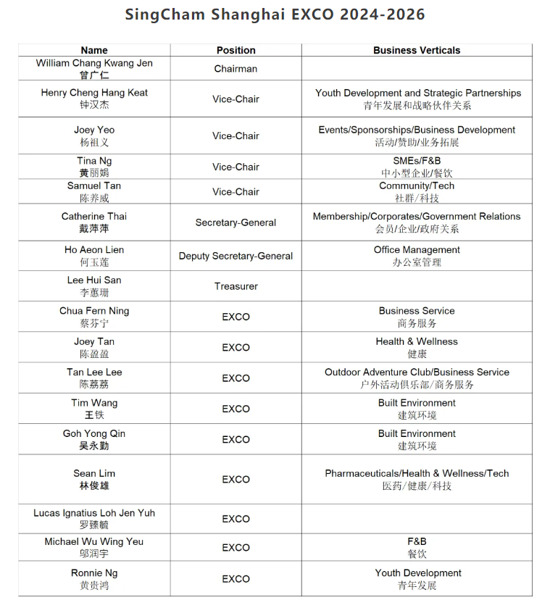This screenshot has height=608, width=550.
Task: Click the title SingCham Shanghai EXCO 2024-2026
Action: [x=275, y=14]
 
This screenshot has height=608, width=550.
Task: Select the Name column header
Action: [x=94, y=50]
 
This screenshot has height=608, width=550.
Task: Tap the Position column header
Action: [x=236, y=50]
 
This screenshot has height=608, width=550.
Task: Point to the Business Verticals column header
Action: [x=417, y=50]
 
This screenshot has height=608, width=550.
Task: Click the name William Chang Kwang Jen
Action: [x=94, y=64]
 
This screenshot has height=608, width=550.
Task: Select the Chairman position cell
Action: [x=236, y=69]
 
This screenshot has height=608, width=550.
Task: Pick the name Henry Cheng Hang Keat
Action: [x=94, y=93]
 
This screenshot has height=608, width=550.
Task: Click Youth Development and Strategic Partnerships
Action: [x=417, y=93]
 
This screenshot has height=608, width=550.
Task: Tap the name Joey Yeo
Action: [x=94, y=130]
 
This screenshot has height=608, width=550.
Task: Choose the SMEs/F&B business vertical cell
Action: [x=417, y=161]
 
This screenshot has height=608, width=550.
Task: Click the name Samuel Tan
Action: [x=94, y=186]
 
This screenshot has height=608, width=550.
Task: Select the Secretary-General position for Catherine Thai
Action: [x=236, y=222]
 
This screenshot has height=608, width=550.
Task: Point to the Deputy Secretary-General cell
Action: [x=236, y=256]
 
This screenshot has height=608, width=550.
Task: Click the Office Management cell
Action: [x=417, y=250]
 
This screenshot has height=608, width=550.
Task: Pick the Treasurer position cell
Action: [x=236, y=286]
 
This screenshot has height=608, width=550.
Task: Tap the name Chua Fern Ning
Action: [x=94, y=311]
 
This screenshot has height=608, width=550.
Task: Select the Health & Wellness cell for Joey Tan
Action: [x=417, y=341]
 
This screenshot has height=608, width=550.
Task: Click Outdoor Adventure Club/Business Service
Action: [x=417, y=372]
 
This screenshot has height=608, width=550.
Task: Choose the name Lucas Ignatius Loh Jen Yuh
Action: [x=94, y=513]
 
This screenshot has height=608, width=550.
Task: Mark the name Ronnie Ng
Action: [x=94, y=573]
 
